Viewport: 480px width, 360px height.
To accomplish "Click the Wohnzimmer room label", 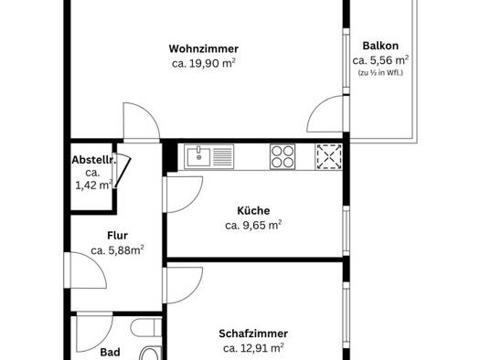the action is point(204,48).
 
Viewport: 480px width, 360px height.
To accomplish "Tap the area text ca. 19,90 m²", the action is point(204,63).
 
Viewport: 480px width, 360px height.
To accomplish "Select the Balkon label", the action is point(380,46).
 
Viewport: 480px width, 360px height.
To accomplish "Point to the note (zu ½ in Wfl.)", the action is point(380,73).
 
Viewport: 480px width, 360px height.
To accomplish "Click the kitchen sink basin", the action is point(198,157).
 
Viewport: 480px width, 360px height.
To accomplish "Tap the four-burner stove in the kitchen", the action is point(283,157).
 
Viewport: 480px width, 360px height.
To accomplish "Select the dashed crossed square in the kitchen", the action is point(329,157).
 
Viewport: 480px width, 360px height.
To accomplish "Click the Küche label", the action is point(253,211).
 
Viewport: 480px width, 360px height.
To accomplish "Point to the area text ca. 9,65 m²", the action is point(253,226).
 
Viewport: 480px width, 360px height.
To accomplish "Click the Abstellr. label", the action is point(93,160).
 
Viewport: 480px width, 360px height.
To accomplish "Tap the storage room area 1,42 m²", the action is point(93,185).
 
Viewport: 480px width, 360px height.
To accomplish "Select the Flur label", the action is point(118,236).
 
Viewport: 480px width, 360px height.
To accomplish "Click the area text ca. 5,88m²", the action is point(118,250).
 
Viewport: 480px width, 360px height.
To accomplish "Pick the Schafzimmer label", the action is point(253,334).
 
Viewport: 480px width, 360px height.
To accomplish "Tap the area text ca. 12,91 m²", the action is point(253,348).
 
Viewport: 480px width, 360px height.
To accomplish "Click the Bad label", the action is point(111,353).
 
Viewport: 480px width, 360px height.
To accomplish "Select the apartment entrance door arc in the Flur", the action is point(97,264).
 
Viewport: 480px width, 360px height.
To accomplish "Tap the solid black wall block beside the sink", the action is point(170,157).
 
